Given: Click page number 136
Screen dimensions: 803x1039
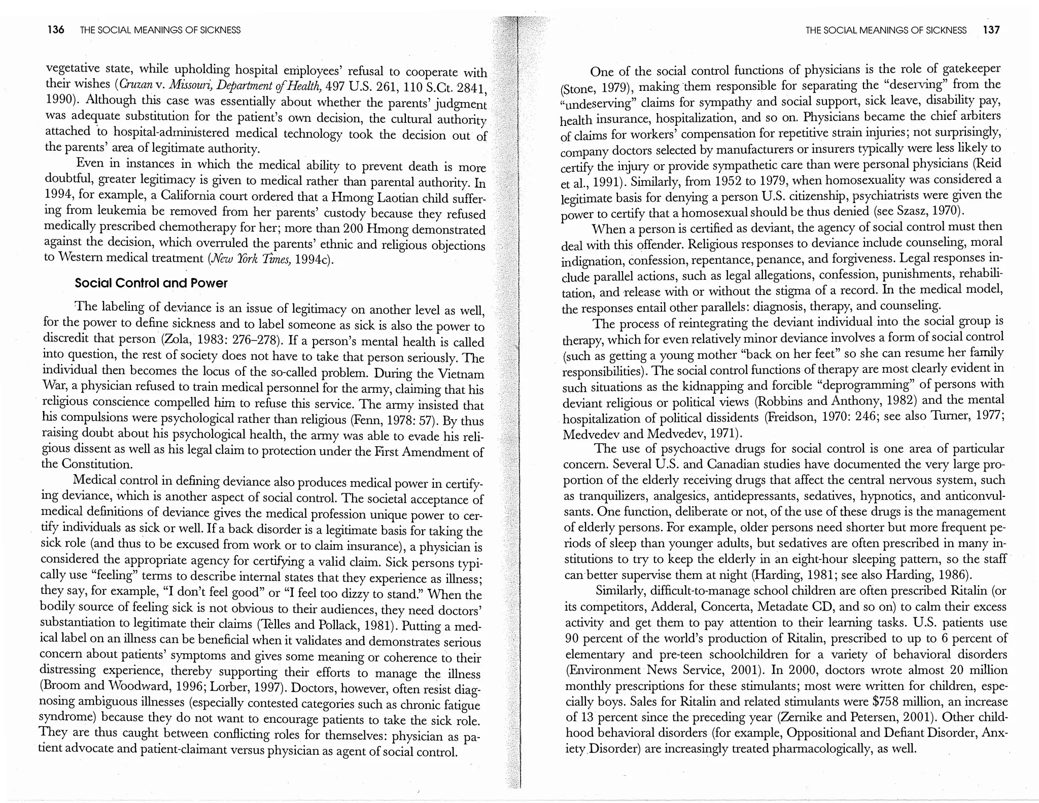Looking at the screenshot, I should [55, 30].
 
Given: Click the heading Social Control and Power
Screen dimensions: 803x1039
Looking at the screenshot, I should [151, 283].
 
